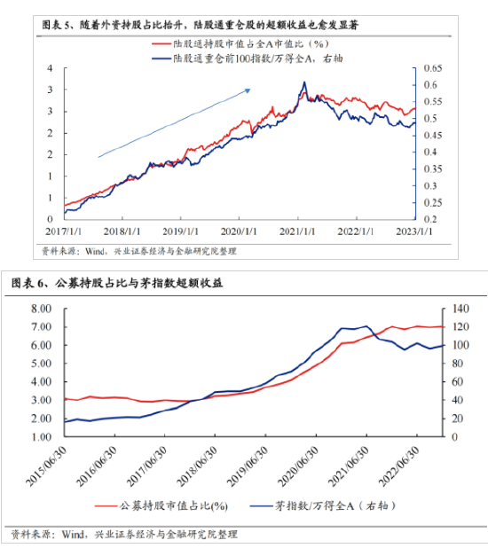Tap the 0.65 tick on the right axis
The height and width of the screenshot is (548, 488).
(x=431, y=70)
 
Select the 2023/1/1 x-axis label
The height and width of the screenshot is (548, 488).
(x=413, y=231)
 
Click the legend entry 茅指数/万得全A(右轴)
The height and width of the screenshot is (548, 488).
(x=332, y=506)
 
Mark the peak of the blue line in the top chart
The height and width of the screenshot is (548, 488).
(x=304, y=82)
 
